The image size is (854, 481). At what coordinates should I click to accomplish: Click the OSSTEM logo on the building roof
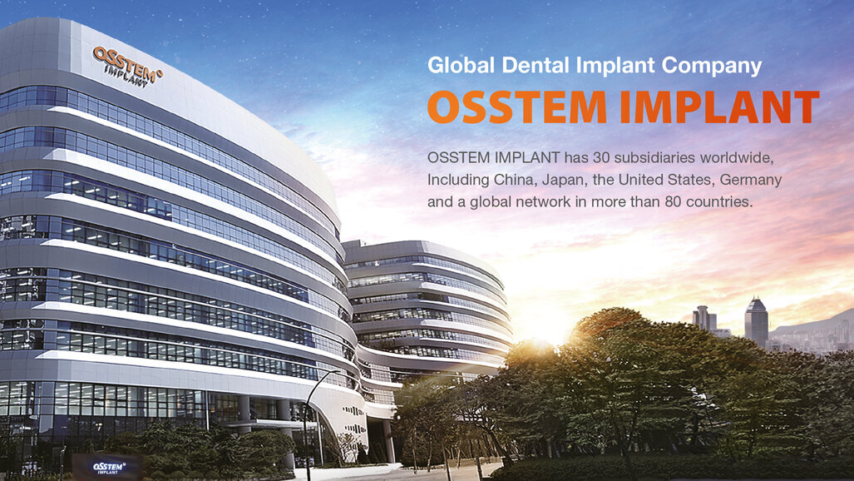[127, 66]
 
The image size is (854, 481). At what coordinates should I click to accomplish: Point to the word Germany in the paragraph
[748, 179]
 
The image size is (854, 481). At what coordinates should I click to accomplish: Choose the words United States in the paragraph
[665, 179]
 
